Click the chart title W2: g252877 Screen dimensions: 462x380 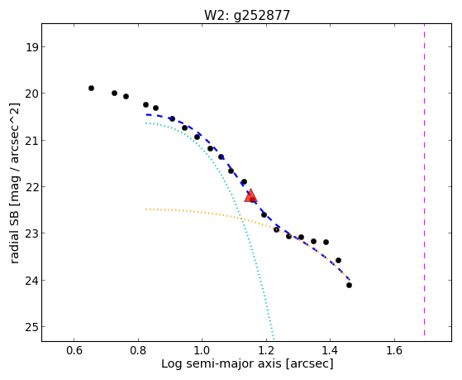247,15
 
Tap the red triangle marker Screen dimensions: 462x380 250,195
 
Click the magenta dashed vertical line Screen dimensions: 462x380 424,179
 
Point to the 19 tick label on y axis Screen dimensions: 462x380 31,47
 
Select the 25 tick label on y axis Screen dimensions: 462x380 31,326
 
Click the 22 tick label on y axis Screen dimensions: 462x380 31,186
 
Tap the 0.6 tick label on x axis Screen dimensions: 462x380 74,350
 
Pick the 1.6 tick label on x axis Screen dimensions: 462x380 394,350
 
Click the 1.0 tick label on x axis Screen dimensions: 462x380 202,350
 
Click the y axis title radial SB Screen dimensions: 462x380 15,232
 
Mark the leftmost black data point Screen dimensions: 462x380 92,88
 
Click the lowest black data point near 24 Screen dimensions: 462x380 349,286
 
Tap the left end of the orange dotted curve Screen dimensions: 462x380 146,209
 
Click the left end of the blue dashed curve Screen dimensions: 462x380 146,114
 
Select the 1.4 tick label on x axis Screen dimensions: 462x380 330,350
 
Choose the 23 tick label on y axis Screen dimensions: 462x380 31,233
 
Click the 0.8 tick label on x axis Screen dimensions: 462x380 138,350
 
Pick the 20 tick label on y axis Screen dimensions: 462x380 31,94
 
